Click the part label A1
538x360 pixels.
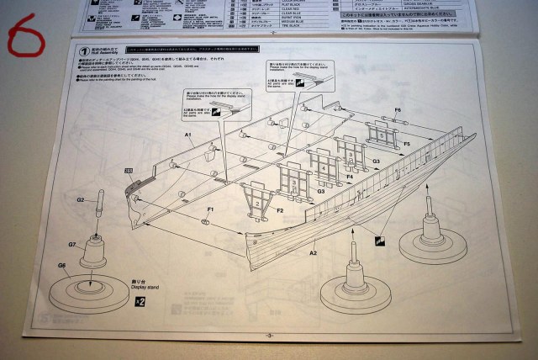(189, 135)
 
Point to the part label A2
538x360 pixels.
(313, 252)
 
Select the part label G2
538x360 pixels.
(81, 200)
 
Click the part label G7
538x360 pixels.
(73, 244)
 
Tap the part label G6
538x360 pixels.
(61, 266)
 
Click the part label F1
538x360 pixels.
(211, 209)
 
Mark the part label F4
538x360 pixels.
(350, 177)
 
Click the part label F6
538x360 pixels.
(398, 110)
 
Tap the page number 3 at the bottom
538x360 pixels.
(269, 336)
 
